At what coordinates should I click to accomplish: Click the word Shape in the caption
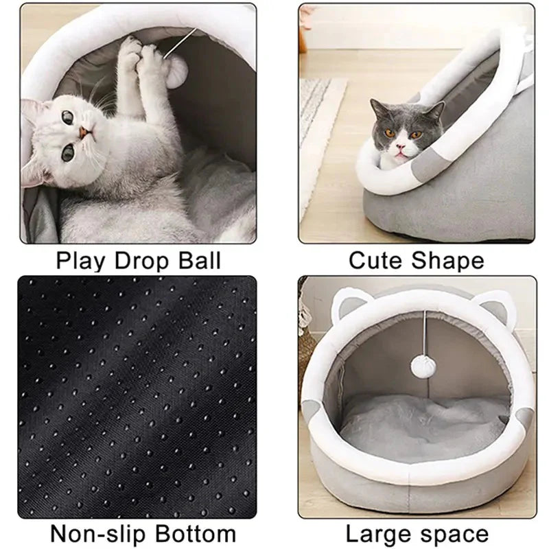click(447, 261)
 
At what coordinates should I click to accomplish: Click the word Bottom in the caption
click(198, 534)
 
